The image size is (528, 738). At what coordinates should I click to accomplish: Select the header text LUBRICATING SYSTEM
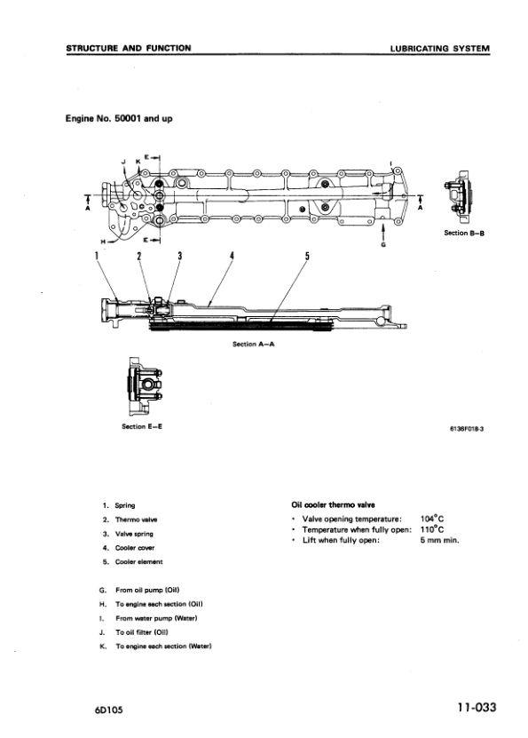pos(439,48)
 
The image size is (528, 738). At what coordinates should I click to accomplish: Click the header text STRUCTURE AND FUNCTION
pos(128,48)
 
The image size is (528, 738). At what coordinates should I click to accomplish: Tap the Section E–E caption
pos(142,426)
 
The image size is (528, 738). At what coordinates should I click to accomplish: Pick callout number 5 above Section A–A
pos(306,257)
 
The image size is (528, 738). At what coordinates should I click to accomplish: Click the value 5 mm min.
pos(439,541)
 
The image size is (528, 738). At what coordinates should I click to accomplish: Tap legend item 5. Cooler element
pos(132,562)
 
